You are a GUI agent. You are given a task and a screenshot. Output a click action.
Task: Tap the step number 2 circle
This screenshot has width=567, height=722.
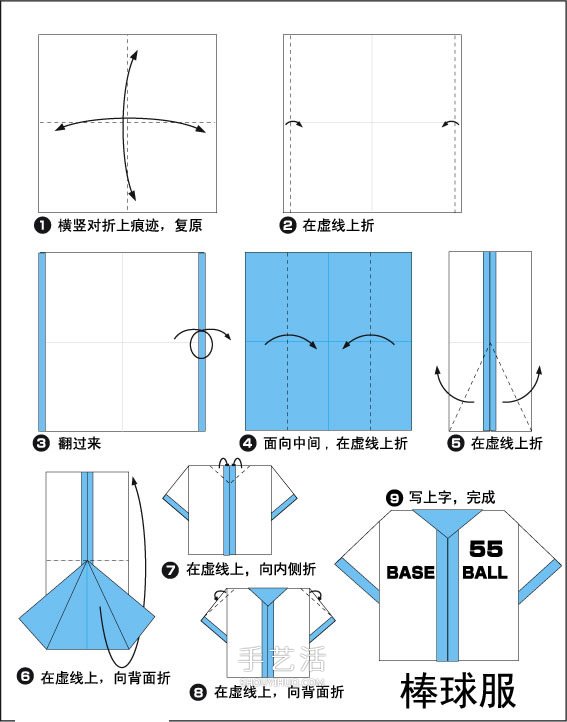click(288, 225)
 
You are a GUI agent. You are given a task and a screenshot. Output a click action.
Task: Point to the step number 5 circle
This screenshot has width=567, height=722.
click(456, 441)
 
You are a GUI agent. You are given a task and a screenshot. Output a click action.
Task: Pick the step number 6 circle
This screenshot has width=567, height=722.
click(24, 677)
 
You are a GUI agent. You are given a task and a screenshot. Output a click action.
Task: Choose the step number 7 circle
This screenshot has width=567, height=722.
click(170, 569)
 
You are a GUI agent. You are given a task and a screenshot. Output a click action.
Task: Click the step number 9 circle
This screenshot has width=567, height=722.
click(396, 496)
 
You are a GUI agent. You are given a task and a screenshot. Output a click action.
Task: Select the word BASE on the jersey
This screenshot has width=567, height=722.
click(410, 573)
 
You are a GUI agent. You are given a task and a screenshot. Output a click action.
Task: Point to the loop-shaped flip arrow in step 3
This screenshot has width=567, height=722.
click(200, 343)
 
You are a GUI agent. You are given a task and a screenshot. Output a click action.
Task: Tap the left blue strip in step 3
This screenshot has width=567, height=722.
click(42, 341)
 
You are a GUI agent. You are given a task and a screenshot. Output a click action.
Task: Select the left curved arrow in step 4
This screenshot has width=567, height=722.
click(290, 340)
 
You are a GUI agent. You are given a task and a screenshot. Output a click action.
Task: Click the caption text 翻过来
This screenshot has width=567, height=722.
click(80, 441)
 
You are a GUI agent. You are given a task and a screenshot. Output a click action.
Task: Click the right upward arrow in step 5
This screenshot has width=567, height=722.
click(530, 385)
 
